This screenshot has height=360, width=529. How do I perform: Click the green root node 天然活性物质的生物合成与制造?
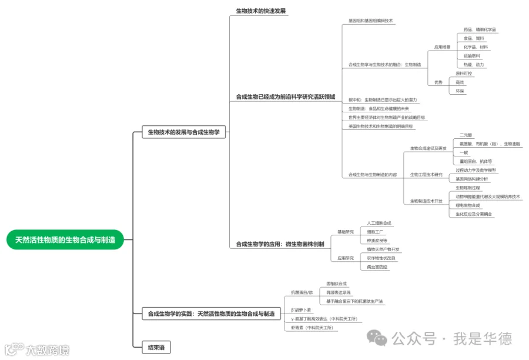pos(65,239)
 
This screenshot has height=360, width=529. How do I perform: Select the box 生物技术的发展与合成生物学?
pos(183,133)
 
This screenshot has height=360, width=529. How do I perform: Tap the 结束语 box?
pos(156,348)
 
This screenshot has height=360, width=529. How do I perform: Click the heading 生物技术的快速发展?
pos(261,11)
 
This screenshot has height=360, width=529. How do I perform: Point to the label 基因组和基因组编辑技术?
pos(370,21)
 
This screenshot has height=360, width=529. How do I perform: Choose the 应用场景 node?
pos(442,47)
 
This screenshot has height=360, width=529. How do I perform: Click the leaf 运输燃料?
pos(471,56)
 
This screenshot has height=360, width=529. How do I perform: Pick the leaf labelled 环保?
pos(460,91)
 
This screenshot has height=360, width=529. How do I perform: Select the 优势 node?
pos(438,82)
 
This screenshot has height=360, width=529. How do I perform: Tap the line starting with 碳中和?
pos(383,100)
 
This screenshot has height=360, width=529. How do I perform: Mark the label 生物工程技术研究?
pos(426,175)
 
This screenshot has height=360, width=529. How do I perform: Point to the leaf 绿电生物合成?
pos(468,205)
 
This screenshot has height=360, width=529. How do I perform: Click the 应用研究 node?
pos(346,258)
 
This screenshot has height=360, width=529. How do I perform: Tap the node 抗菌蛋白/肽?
pos(302,292)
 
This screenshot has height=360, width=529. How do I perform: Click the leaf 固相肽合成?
pos(336,284)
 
